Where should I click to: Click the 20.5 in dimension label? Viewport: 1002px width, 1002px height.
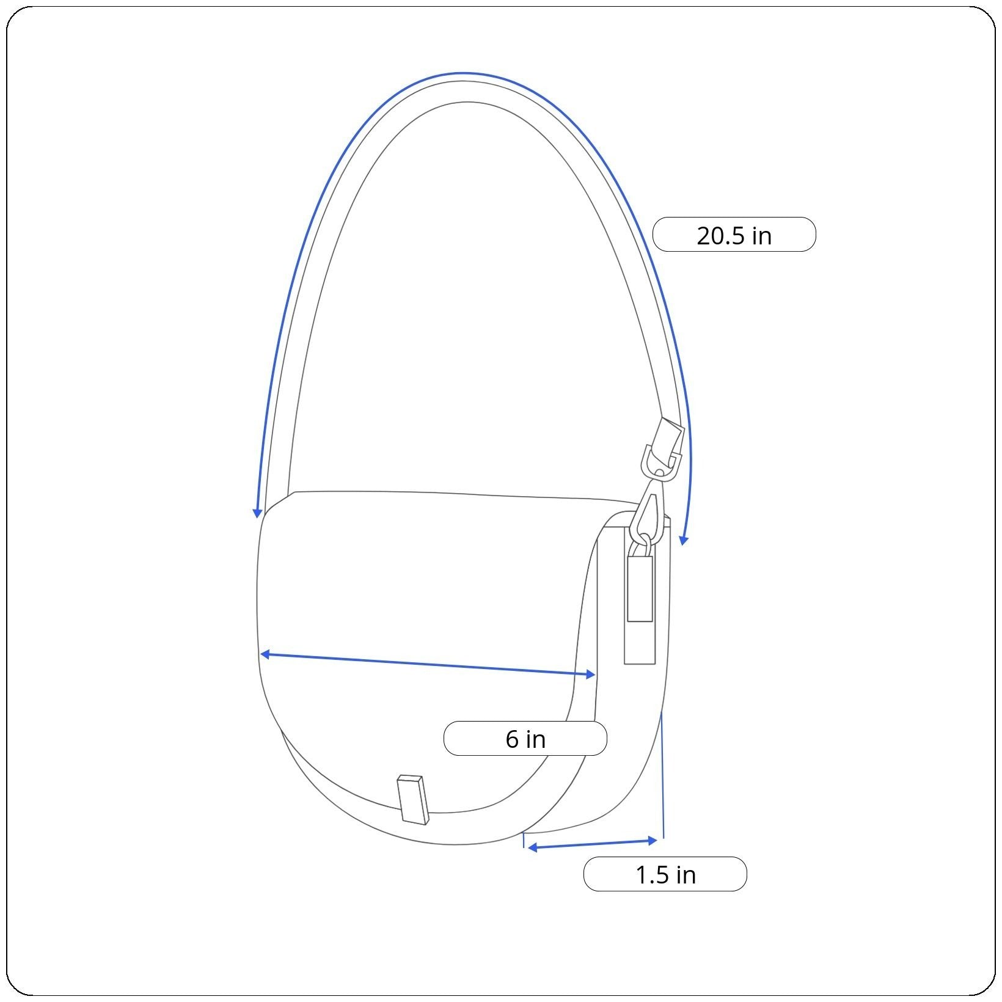pos(734,235)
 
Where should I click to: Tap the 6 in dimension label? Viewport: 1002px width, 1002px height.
pos(525,739)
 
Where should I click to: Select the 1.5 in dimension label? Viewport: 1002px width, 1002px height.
pos(665,874)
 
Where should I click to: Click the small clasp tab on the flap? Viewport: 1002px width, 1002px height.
pos(412,799)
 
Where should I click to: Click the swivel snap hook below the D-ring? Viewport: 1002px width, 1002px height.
pos(649,510)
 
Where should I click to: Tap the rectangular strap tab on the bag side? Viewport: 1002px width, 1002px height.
pos(640,588)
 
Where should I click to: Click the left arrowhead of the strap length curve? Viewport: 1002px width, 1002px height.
pos(258,513)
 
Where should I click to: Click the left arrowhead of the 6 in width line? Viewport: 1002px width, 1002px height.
pos(265,654)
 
